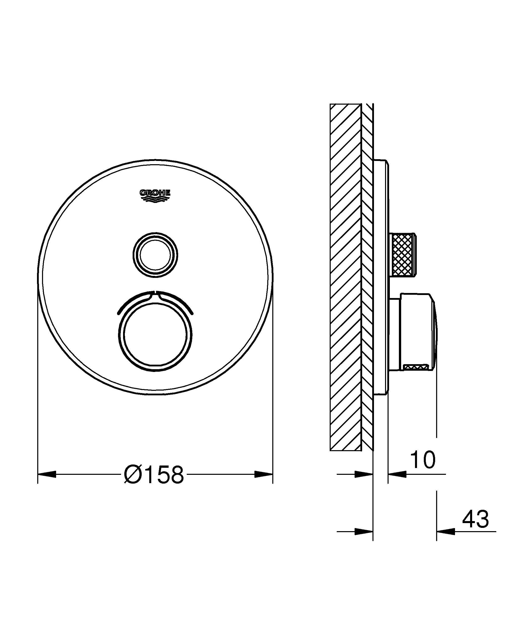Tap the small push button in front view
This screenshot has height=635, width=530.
pyautogui.click(x=155, y=255)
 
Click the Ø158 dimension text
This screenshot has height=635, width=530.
pyautogui.click(x=154, y=475)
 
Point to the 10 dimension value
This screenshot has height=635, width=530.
pyautogui.click(x=423, y=460)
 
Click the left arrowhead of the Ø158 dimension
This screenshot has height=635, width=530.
pyautogui.click(x=47, y=474)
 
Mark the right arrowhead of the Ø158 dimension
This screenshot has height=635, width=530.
pyautogui.click(x=263, y=474)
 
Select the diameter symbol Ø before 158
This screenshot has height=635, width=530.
pyautogui.click(x=132, y=475)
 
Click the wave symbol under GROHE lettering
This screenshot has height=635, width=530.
pyautogui.click(x=155, y=198)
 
